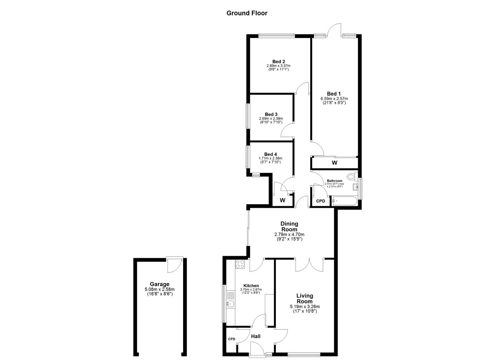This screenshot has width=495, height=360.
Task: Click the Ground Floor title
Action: tap(247, 13)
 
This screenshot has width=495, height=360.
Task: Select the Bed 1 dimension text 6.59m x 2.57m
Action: tap(334, 99)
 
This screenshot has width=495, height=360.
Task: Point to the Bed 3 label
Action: tap(271, 114)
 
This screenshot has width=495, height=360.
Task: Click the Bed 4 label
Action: tap(271, 154)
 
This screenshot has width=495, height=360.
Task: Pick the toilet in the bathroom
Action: tap(352, 176)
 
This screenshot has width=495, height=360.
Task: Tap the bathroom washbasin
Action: tap(355, 187)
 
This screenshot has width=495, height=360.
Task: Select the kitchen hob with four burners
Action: tap(240, 264)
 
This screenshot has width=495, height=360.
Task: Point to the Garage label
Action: tap(160, 284)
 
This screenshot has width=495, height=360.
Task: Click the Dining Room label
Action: tap(289, 227)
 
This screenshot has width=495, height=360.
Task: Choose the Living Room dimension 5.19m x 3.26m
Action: tap(305, 306)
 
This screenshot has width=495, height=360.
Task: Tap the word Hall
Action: tap(256, 336)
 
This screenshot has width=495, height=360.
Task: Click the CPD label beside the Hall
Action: tap(231, 339)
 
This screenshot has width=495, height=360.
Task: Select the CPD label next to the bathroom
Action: tap(321, 201)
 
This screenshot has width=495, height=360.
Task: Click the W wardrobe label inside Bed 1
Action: tap(335, 163)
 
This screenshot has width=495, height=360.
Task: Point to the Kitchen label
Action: tap(251, 286)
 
